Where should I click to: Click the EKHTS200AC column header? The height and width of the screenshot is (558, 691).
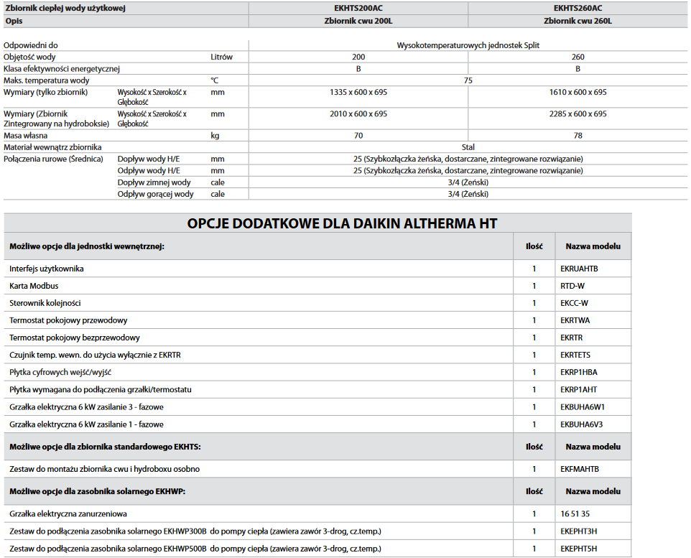click(x=358, y=8)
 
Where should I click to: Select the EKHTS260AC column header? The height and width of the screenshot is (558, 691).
click(x=578, y=8)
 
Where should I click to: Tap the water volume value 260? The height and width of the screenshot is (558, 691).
click(x=578, y=57)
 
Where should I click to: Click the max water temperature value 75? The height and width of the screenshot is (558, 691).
click(x=468, y=80)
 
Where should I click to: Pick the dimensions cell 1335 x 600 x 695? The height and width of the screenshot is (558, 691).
click(x=358, y=92)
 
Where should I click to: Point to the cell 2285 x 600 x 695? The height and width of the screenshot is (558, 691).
click(x=578, y=113)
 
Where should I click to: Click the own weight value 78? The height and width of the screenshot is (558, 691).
click(x=578, y=135)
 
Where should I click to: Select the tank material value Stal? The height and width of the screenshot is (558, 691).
click(x=468, y=147)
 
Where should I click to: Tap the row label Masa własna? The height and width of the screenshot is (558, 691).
click(x=26, y=135)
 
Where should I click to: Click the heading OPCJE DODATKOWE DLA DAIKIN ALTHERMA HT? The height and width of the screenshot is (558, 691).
click(x=342, y=223)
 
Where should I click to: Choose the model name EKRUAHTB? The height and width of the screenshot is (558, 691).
click(x=579, y=269)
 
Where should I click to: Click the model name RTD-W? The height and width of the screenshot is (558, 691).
click(x=572, y=286)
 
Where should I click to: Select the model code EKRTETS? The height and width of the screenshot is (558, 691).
click(x=575, y=355)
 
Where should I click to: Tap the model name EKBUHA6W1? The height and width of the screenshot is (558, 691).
click(x=582, y=407)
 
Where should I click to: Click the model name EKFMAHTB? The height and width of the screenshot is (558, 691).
click(x=580, y=469)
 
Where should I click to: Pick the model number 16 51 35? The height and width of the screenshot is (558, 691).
click(x=575, y=514)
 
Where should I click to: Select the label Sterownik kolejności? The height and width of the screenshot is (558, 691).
click(x=45, y=303)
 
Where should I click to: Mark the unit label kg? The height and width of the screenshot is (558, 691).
click(x=215, y=135)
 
